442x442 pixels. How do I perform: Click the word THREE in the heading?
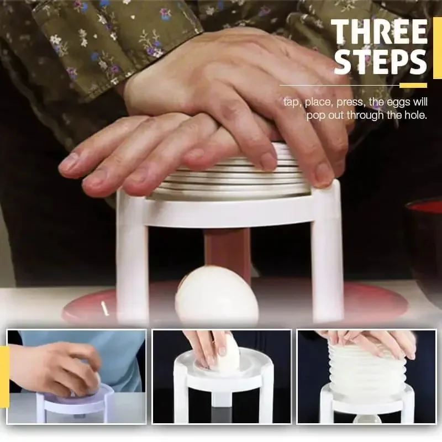[x=379, y=33]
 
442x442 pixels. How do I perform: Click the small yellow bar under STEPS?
[x=413, y=86]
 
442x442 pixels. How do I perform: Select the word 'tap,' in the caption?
[x=292, y=102]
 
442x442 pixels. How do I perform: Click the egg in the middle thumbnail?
[x=227, y=356]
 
